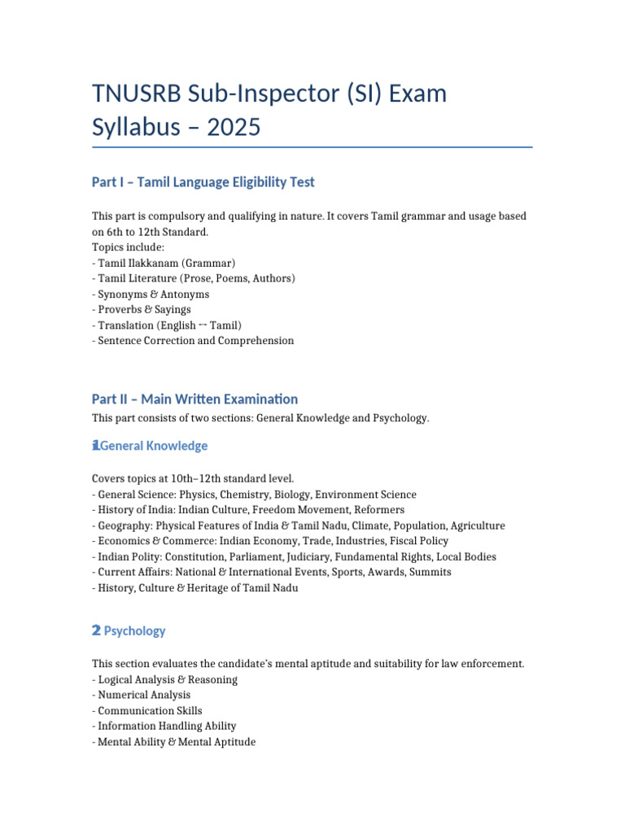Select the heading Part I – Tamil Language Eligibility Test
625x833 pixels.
203,182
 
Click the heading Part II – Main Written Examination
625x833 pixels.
194,399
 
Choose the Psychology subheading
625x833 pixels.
134,630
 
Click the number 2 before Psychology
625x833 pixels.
96,630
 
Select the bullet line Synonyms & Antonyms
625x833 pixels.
153,294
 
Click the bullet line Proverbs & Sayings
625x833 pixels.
144,309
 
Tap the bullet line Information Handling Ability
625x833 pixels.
167,726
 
